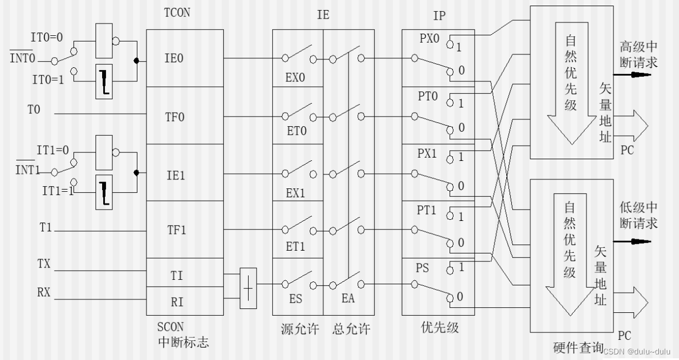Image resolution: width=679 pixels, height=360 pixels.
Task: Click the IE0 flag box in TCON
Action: pyautogui.click(x=174, y=58)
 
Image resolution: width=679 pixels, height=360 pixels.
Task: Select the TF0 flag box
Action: pyautogui.click(x=174, y=117)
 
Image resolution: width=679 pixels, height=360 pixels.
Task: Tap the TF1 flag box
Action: pyautogui.click(x=174, y=230)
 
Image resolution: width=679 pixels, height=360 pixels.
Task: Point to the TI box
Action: pyautogui.click(x=176, y=275)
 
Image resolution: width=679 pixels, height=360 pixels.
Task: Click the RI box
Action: pyautogui.click(x=176, y=302)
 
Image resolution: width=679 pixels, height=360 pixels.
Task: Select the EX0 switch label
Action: pyautogui.click(x=295, y=77)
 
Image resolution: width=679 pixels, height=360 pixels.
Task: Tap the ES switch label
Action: pyautogui.click(x=295, y=299)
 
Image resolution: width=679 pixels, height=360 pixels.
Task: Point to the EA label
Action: pyautogui.click(x=348, y=299)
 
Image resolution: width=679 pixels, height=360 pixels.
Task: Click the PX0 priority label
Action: pyautogui.click(x=430, y=39)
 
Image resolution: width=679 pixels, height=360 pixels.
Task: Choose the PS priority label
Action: pyautogui.click(x=423, y=268)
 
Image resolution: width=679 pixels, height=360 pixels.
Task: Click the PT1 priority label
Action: pyautogui.click(x=427, y=210)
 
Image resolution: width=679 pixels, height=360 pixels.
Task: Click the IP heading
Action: pyautogui.click(x=439, y=16)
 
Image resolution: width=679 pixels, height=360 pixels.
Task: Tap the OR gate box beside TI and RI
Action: pyautogui.click(x=248, y=288)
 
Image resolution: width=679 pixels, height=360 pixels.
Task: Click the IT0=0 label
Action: pyautogui.click(x=47, y=38)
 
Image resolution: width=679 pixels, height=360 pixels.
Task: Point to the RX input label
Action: pyautogui.click(x=43, y=292)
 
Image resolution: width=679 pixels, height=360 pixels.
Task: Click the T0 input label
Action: pyautogui.click(x=34, y=110)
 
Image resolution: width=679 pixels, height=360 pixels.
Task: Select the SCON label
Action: pyautogui.click(x=170, y=327)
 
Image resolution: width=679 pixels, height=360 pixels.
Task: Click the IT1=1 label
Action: pyautogui.click(x=58, y=191)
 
